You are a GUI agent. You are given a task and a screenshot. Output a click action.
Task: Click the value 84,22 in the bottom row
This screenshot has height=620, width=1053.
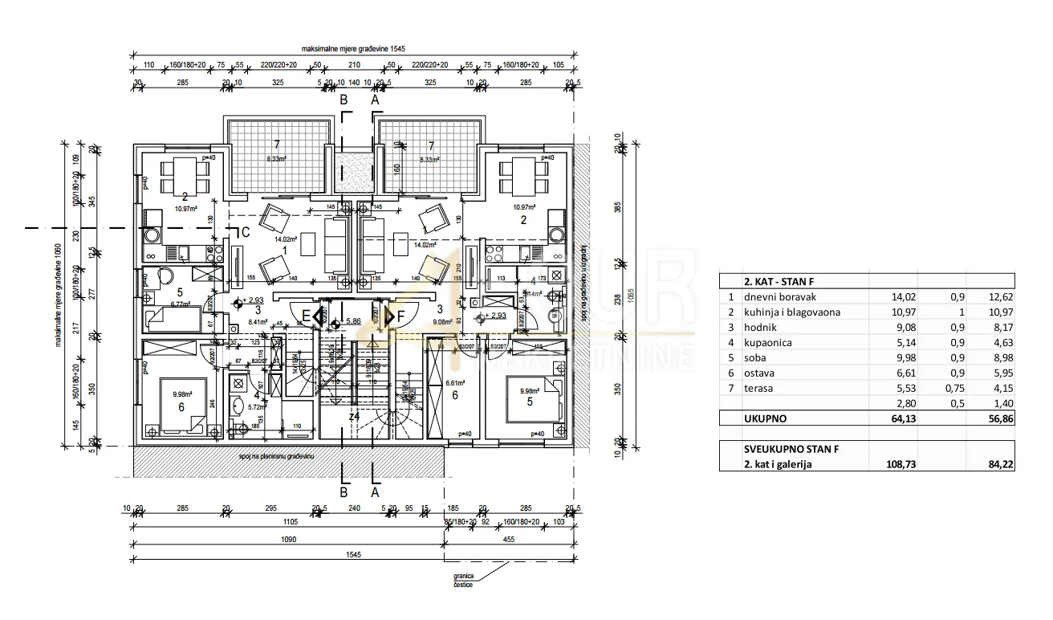[x=998, y=464]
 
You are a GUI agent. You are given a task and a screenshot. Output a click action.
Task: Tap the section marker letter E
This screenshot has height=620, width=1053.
[x=306, y=316]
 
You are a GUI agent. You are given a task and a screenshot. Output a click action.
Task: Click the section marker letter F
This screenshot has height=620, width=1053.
[x=401, y=316]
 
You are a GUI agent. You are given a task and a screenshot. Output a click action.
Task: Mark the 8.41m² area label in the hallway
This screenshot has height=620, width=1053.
[x=258, y=321]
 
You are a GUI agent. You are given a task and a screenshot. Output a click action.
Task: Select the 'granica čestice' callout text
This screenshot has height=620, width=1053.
[x=463, y=580]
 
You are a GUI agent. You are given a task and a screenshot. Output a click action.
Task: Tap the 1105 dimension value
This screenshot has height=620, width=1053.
[x=287, y=521]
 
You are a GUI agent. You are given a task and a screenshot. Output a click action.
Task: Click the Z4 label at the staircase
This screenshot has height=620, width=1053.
[x=353, y=416]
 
